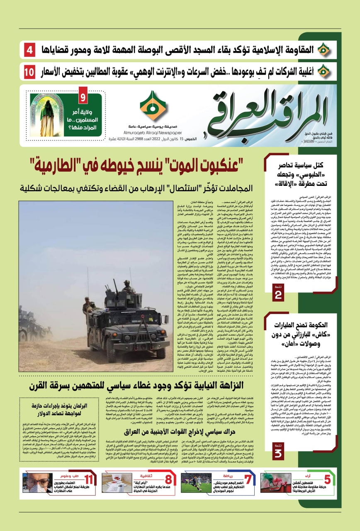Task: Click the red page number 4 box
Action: pyautogui.click(x=30, y=51)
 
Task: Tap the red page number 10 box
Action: pyautogui.click(x=29, y=72)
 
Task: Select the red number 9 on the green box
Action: pyautogui.click(x=83, y=98)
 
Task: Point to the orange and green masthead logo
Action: pyautogui.click(x=153, y=105)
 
